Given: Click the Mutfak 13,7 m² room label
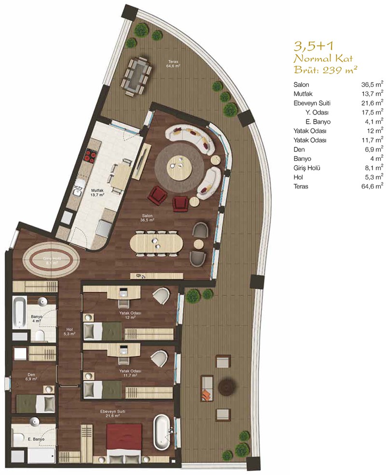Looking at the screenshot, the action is point(97,193).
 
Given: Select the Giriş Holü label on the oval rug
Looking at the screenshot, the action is point(52,261).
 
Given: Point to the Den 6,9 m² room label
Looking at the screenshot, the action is point(31,376).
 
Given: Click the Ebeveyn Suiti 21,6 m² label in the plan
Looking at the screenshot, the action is point(113,414).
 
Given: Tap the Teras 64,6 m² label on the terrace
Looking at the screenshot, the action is point(174,63).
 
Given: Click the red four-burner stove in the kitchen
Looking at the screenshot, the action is point(91,155).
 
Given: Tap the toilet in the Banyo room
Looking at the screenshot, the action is point(40,335).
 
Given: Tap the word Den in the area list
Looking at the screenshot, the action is point(299,149).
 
